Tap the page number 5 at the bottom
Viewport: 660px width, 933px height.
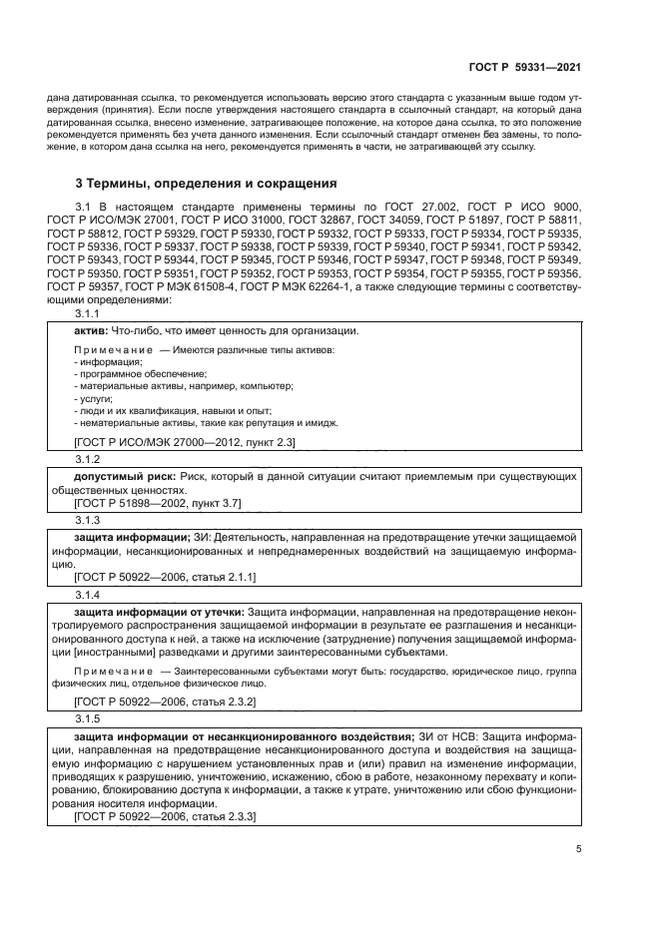point(578,849)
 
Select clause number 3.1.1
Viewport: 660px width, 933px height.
point(88,314)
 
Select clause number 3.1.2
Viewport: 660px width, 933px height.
point(88,459)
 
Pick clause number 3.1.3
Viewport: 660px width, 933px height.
point(88,521)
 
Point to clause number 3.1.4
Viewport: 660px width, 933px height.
point(88,596)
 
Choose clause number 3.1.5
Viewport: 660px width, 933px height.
point(88,717)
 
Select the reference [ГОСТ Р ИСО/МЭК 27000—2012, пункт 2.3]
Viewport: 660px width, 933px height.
point(185,441)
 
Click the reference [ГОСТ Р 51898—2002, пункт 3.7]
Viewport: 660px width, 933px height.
point(158,504)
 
